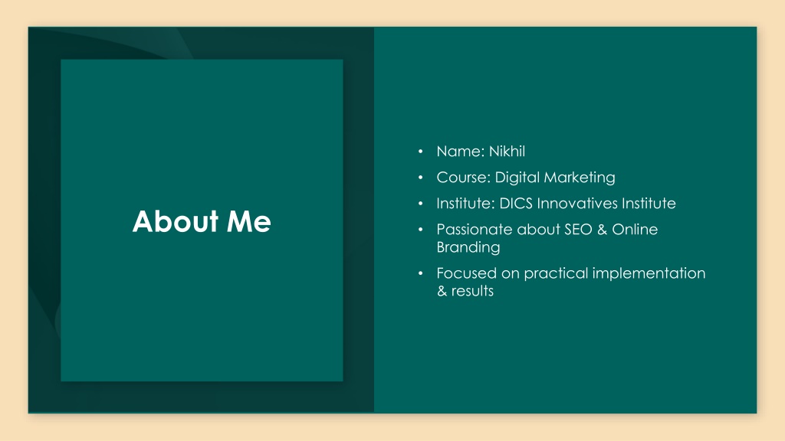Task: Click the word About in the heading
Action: click(x=176, y=221)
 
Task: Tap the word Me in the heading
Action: click(x=249, y=221)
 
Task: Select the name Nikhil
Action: click(x=507, y=151)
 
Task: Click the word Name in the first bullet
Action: click(x=458, y=151)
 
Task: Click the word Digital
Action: click(x=517, y=178)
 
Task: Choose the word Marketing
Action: click(x=580, y=178)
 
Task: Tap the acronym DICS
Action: click(x=516, y=203)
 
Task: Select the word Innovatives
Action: click(x=577, y=203)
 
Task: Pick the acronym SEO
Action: click(x=578, y=229)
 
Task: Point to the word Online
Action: click(x=635, y=229)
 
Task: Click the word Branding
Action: click(x=468, y=247)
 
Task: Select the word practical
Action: click(x=556, y=273)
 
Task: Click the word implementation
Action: click(x=649, y=273)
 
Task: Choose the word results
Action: click(x=472, y=291)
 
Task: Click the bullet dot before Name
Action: click(x=421, y=151)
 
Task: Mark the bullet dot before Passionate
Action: click(x=421, y=229)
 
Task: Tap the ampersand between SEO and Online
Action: click(x=603, y=229)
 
